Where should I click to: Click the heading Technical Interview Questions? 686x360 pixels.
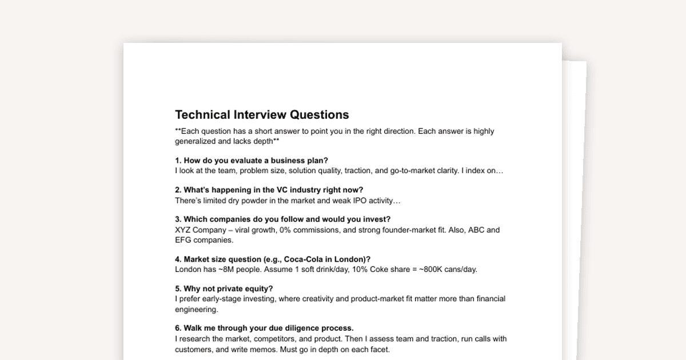pos(262,114)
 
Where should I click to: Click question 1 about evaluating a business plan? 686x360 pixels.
pos(252,160)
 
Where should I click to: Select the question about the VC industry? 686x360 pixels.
pos(269,190)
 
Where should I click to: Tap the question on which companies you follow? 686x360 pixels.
pos(282,219)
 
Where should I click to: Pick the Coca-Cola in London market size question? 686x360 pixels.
pos(273,259)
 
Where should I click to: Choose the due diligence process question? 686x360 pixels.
pos(264,328)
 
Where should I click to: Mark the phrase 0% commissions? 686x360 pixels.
pos(309,230)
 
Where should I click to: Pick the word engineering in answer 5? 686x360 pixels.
pos(197,309)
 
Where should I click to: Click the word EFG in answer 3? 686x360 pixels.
pos(184,240)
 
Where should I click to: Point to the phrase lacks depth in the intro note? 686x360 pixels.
pos(253,141)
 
